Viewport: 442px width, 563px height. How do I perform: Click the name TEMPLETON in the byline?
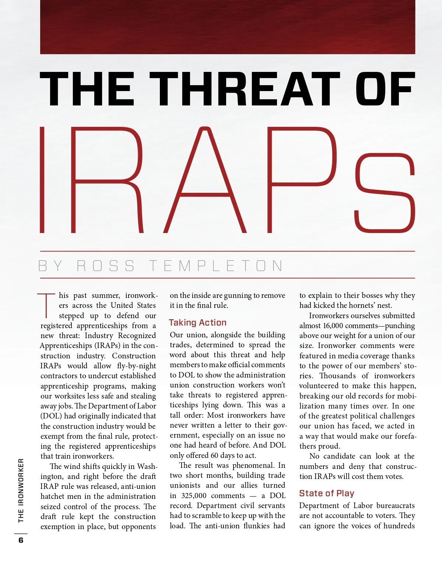216,266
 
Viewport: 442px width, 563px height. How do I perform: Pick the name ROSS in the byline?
106,266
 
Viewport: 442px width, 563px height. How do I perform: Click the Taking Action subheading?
197,323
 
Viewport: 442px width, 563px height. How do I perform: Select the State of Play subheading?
326,493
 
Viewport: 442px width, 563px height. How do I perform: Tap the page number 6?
21,540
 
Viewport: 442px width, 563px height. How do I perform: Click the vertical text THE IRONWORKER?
21,490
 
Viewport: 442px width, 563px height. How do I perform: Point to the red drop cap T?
46,305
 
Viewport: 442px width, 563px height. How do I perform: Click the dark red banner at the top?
228,27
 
